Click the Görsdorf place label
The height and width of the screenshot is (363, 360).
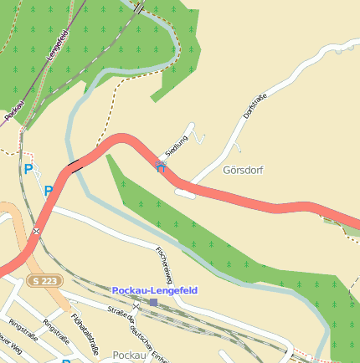[x=243, y=170]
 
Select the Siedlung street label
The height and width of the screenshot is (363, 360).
[x=177, y=147]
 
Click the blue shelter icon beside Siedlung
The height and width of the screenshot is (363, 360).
[x=160, y=166]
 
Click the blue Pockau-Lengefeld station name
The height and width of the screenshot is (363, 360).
[x=154, y=290]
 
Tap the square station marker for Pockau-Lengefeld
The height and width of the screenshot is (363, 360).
[x=153, y=302]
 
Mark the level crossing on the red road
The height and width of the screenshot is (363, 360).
[x=37, y=230]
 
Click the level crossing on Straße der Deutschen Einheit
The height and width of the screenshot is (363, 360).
[x=136, y=307]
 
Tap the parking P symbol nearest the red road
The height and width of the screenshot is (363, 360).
[x=48, y=191]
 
